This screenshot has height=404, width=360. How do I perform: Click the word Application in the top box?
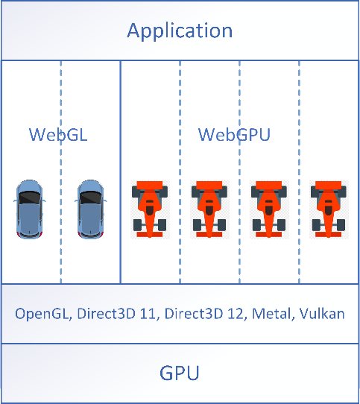click(x=180, y=31)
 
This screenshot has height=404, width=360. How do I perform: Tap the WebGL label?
click(x=58, y=134)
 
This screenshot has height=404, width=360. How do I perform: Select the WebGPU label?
click(x=234, y=134)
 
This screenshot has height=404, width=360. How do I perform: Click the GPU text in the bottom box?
click(x=180, y=373)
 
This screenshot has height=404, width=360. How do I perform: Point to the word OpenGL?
click(x=43, y=314)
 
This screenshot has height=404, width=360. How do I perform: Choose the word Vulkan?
click(x=322, y=314)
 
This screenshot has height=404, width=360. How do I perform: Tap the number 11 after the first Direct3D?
click(x=148, y=314)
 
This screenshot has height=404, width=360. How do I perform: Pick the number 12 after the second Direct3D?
click(x=235, y=314)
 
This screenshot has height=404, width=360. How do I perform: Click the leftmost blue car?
click(x=29, y=209)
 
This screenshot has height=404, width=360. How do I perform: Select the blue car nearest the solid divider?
click(x=91, y=209)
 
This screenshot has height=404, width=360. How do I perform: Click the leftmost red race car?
click(x=150, y=209)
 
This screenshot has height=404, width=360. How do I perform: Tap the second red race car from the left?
click(x=209, y=209)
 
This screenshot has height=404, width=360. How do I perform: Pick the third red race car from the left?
click(x=269, y=209)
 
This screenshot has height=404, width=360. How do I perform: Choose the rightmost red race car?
click(x=328, y=209)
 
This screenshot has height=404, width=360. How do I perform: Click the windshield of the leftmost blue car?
click(x=29, y=198)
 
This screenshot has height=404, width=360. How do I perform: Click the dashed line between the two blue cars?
click(x=61, y=172)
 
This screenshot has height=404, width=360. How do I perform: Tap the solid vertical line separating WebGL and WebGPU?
click(x=120, y=172)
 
